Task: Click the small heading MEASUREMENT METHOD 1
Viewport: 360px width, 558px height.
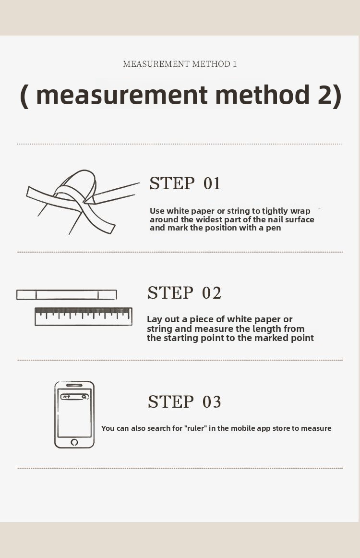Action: [x=180, y=64]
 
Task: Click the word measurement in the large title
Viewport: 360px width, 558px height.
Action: [x=121, y=96]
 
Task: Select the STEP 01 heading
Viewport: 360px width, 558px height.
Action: [x=185, y=183]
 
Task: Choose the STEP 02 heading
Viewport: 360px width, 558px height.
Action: [x=184, y=293]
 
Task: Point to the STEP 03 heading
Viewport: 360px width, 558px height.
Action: [x=185, y=402]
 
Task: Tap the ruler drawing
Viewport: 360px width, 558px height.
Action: [x=84, y=316]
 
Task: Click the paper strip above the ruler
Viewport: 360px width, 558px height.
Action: [x=67, y=295]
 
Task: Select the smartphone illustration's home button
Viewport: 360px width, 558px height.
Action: [x=74, y=442]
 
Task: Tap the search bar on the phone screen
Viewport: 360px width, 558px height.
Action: [x=74, y=397]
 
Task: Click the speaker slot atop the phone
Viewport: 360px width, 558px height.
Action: [x=74, y=385]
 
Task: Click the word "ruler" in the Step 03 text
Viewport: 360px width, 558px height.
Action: [x=196, y=428]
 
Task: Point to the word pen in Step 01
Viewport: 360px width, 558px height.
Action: [x=274, y=228]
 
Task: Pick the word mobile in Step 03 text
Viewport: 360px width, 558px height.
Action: [x=243, y=428]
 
